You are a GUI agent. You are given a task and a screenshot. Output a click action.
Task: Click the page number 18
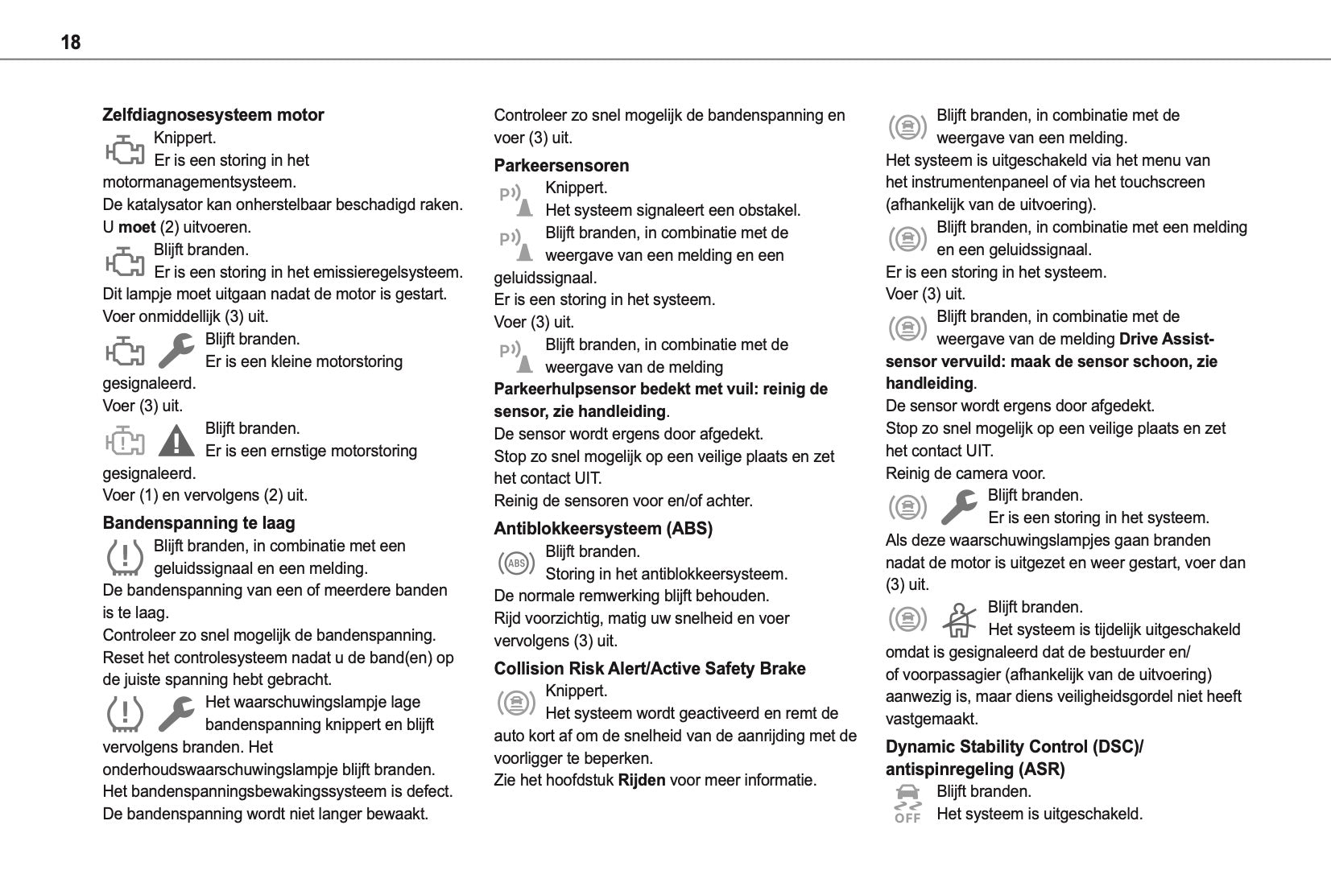tap(71, 42)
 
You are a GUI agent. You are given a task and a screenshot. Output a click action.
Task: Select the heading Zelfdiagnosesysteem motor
tap(213, 115)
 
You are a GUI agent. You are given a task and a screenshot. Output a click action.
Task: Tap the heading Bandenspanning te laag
tap(199, 523)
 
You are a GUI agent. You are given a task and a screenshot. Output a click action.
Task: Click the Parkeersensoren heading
tap(561, 166)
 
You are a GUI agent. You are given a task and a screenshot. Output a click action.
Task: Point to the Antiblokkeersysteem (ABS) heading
tap(603, 529)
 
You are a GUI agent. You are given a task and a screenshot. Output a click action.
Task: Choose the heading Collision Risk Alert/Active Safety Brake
tap(649, 669)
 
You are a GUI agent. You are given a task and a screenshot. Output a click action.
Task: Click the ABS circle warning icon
tap(516, 563)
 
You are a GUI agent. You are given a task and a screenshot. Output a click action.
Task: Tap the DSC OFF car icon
tap(907, 803)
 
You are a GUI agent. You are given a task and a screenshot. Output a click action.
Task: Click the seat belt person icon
tap(959, 620)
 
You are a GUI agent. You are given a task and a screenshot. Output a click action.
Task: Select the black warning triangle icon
tap(176, 441)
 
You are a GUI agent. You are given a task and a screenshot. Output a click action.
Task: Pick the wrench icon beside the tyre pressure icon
tap(176, 713)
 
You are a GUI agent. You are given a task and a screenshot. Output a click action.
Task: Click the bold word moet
tap(137, 228)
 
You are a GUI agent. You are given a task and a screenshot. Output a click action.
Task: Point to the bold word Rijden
tap(641, 781)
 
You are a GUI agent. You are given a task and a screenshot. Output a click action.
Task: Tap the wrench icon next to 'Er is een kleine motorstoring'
tap(176, 351)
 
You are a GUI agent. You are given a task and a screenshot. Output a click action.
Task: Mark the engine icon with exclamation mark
tap(125, 441)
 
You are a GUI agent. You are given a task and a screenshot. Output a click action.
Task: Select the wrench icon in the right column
tap(959, 507)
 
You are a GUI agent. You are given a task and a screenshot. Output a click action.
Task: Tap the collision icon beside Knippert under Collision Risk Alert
tap(516, 703)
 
